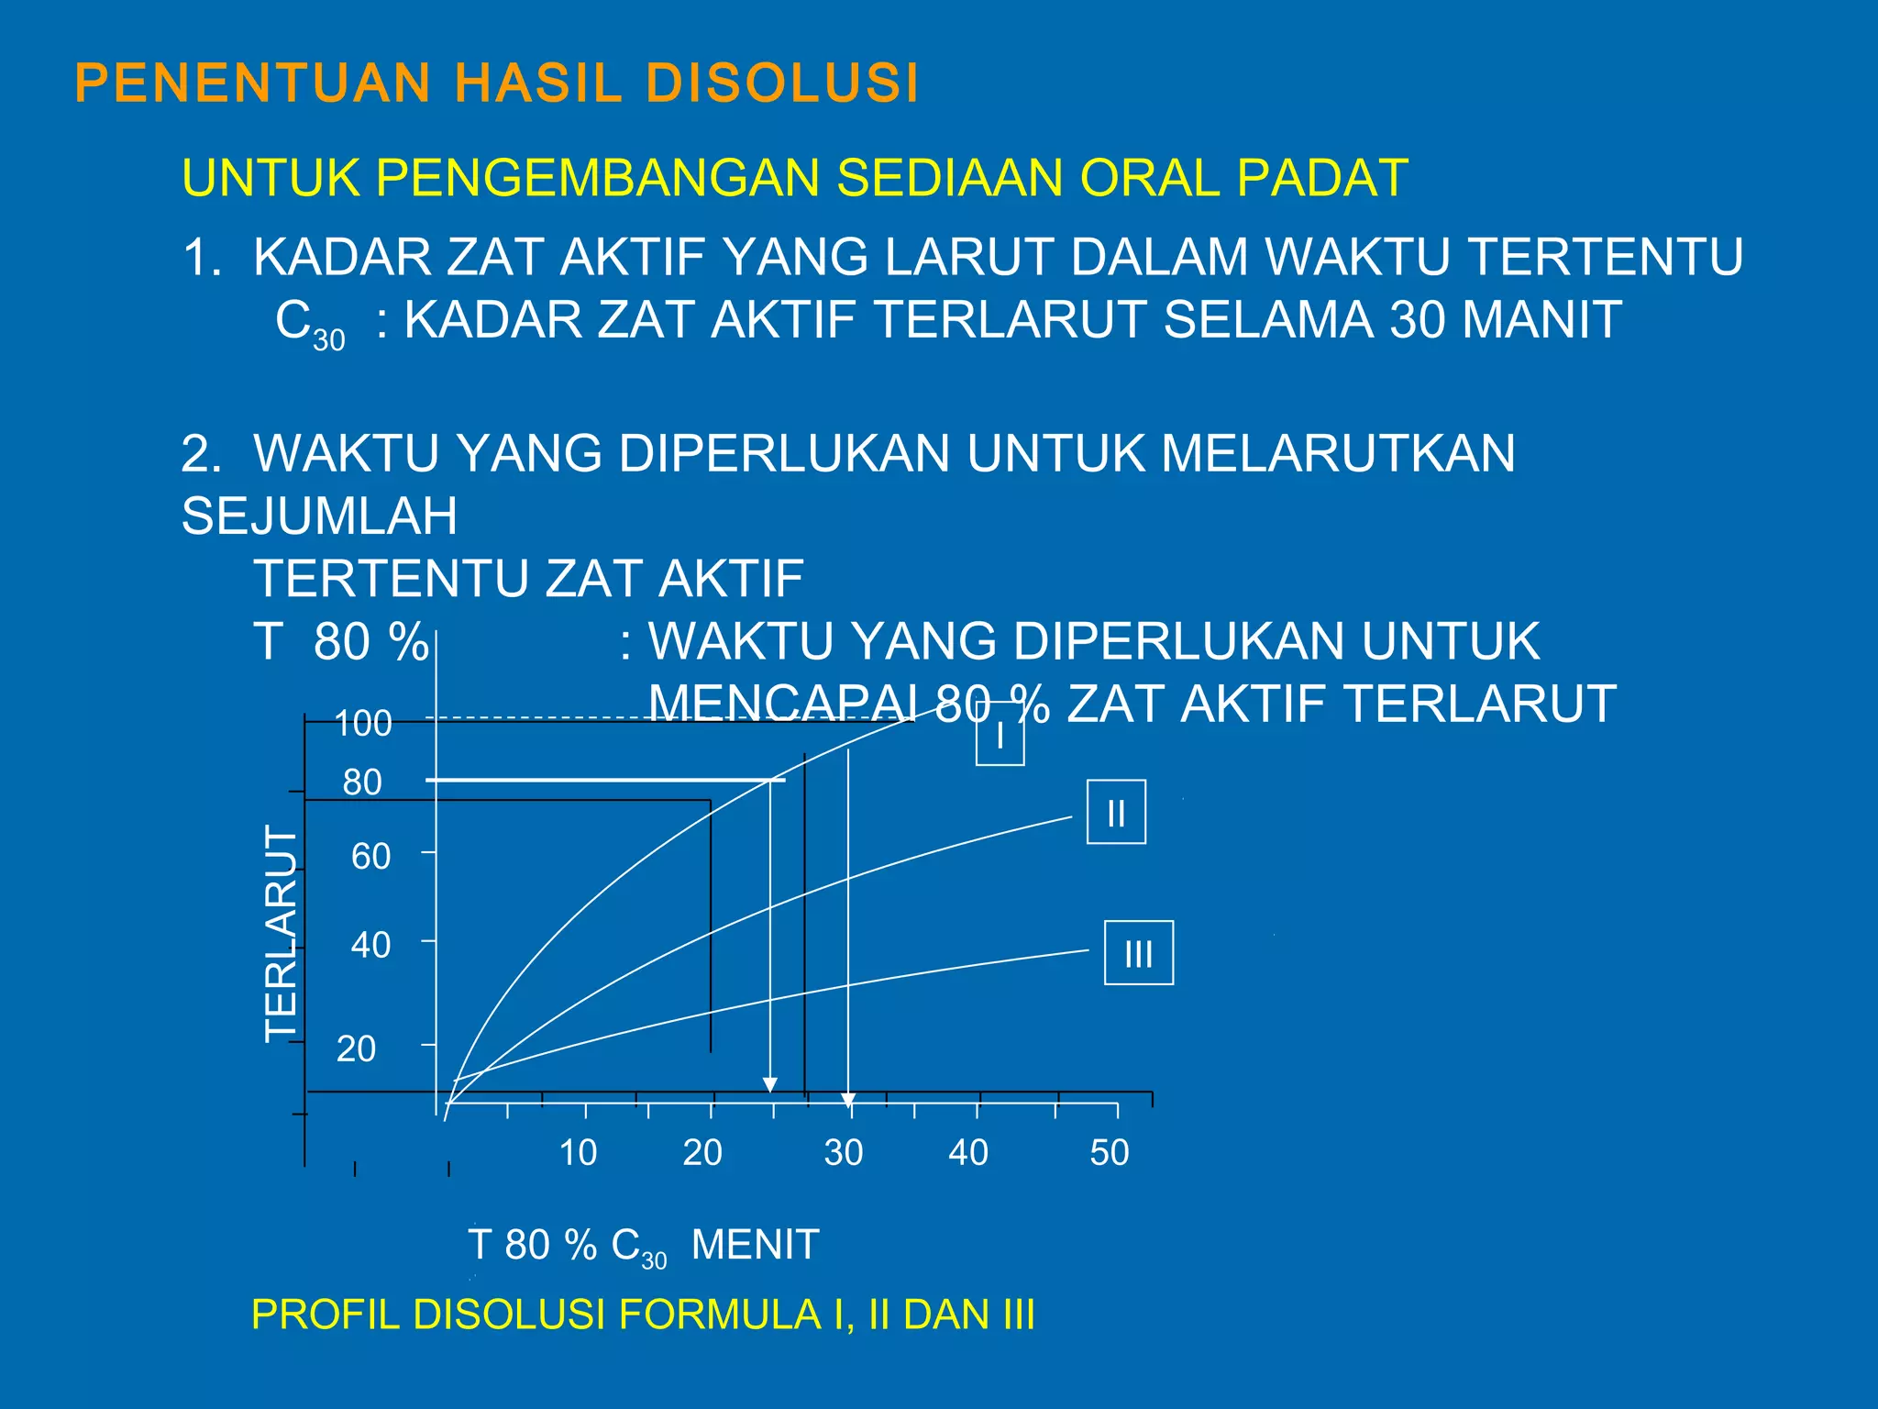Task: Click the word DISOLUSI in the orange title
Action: point(781,83)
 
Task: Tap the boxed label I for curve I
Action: point(1000,735)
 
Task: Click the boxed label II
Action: point(1116,813)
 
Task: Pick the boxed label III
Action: point(1139,954)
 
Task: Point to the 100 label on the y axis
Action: point(363,724)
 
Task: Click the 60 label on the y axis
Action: point(371,857)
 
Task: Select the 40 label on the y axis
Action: point(371,946)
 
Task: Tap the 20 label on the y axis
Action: point(357,1048)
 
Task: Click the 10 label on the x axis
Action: point(579,1152)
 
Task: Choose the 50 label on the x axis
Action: point(1110,1152)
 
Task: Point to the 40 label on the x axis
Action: point(968,1152)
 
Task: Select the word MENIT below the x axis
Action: point(755,1245)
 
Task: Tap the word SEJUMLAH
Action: point(319,516)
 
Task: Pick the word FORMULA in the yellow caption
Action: point(721,1315)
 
